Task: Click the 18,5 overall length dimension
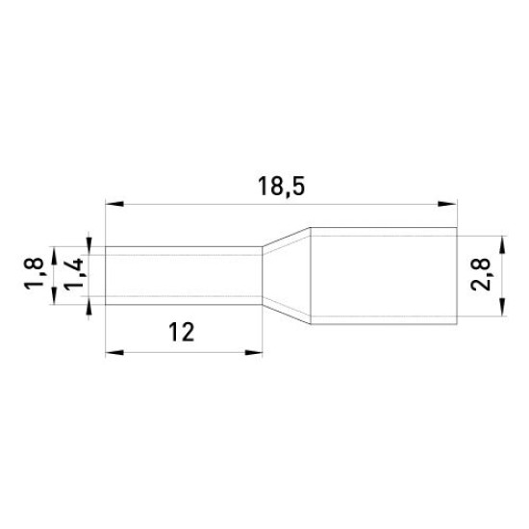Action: click(x=281, y=187)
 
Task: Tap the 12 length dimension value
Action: click(x=182, y=332)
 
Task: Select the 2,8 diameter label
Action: click(x=481, y=274)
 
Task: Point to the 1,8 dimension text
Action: click(x=34, y=272)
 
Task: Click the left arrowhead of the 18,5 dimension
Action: click(x=114, y=204)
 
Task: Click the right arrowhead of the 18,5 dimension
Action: click(x=447, y=204)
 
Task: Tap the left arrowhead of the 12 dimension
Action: click(x=114, y=353)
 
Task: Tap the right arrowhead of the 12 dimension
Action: click(x=254, y=353)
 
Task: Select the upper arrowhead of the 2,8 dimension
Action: click(x=503, y=244)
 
